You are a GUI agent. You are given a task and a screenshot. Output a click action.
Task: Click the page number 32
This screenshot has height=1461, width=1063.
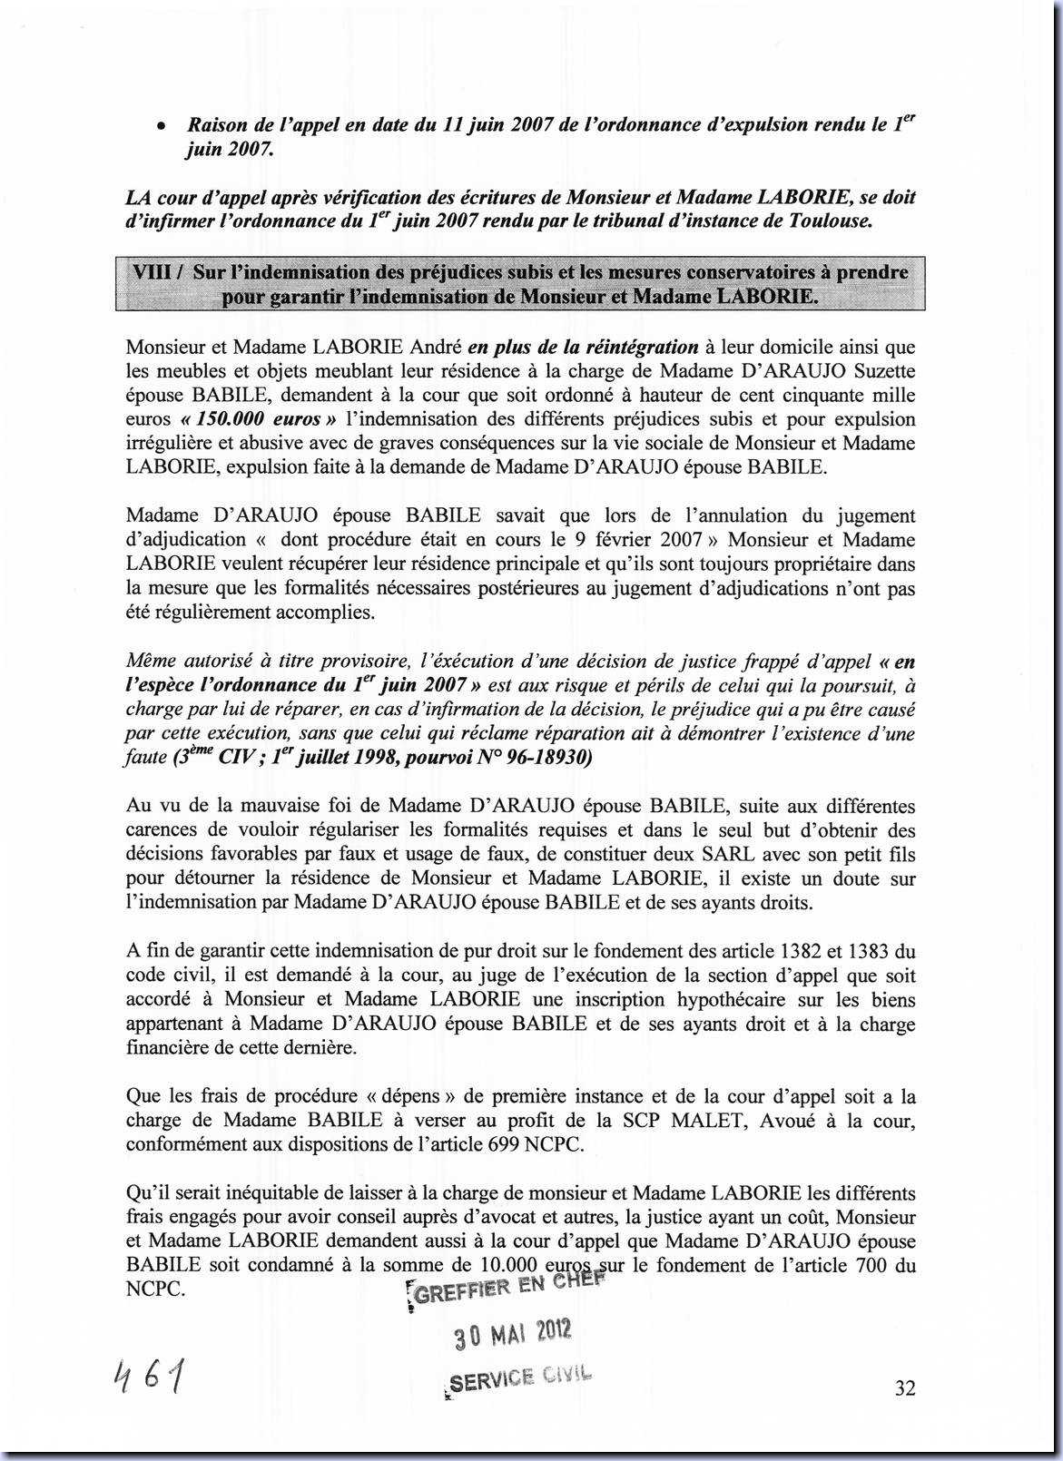point(904,1388)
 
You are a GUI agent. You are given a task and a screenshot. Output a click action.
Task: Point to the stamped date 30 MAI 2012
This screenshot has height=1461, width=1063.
point(513,1334)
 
